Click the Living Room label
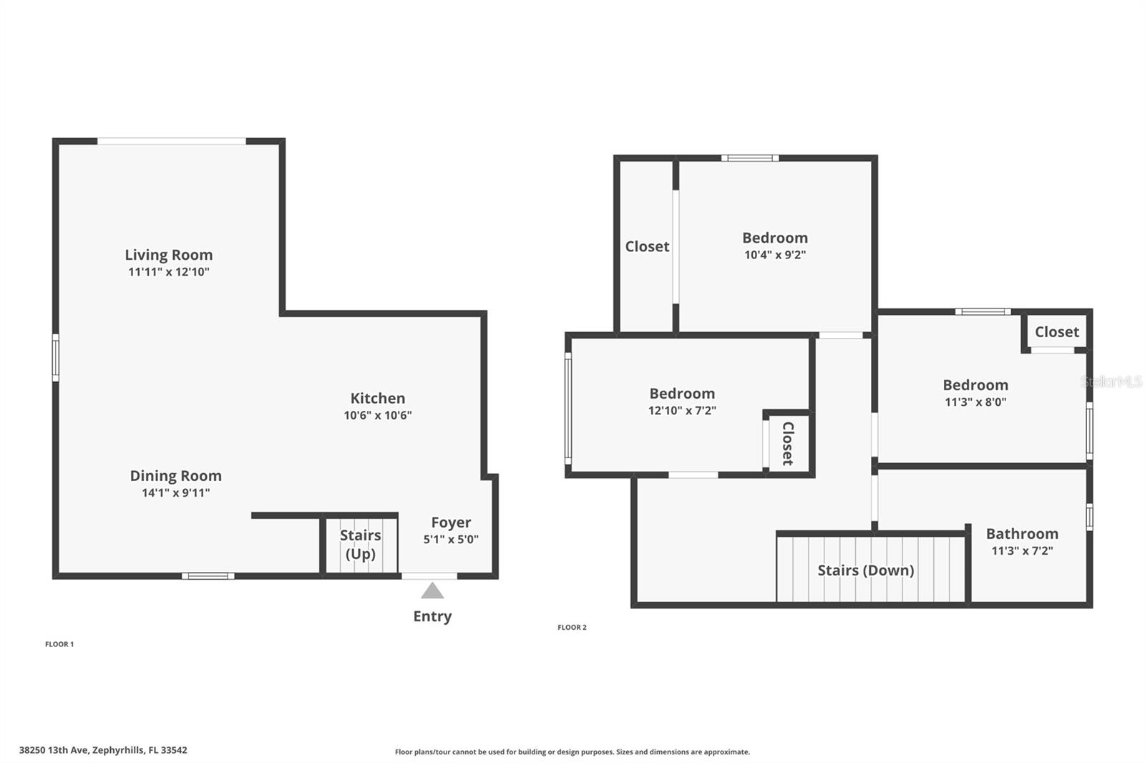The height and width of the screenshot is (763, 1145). tap(168, 255)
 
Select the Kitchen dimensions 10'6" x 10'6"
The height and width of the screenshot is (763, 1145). tap(377, 415)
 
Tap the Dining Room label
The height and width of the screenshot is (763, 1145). tap(175, 476)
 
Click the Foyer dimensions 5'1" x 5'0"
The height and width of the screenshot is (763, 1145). tap(450, 540)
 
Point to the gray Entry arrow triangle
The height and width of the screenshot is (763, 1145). tap(432, 591)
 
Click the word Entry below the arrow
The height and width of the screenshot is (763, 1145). tap(432, 616)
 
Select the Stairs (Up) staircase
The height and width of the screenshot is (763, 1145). tap(360, 545)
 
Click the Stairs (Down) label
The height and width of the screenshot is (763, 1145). tap(865, 570)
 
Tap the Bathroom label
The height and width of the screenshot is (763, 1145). tap(1021, 534)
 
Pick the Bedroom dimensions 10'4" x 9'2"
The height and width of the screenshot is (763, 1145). tap(774, 255)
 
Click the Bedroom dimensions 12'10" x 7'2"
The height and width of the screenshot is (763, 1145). tap(681, 411)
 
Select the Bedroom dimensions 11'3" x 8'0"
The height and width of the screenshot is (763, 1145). tap(975, 402)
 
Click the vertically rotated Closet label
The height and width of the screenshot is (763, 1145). tap(788, 443)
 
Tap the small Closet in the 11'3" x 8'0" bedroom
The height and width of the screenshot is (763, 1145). tap(1056, 332)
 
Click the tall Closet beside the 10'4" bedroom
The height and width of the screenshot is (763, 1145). tap(647, 246)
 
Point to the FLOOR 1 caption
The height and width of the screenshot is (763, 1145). tap(59, 644)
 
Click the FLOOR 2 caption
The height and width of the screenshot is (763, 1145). tap(572, 628)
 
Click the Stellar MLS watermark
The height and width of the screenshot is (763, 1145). tap(1111, 381)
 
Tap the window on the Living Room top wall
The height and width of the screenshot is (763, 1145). tap(172, 141)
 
